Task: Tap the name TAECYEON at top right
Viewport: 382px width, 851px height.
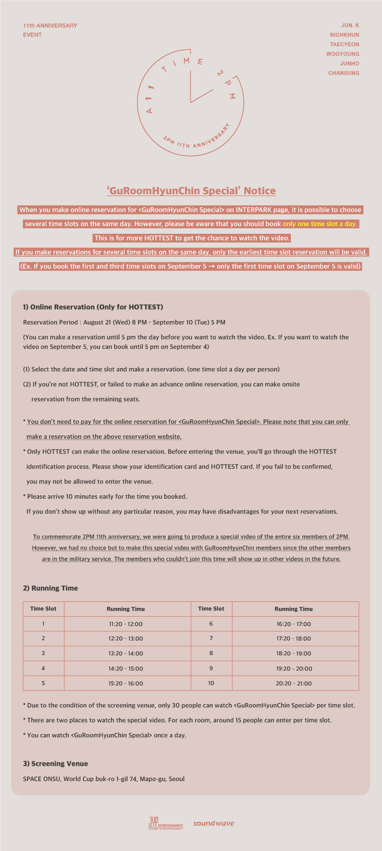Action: click(344, 44)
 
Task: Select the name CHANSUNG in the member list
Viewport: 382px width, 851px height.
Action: click(344, 73)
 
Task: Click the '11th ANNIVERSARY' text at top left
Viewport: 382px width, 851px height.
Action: click(50, 26)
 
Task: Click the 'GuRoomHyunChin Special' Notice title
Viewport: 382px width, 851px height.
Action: click(191, 191)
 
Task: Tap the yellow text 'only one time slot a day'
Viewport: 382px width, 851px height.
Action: click(321, 224)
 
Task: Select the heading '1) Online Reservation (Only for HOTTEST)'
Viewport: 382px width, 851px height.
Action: click(93, 307)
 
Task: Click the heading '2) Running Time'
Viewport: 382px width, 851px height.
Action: click(50, 588)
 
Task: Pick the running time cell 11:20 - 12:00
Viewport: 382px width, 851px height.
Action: click(126, 624)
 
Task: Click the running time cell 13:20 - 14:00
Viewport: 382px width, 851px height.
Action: click(126, 653)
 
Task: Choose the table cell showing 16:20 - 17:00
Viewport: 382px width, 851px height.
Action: click(294, 624)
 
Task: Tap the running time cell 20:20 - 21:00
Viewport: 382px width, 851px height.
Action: click(294, 683)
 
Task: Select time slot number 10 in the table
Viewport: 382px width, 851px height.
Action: click(211, 683)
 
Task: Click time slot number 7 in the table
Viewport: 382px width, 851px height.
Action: click(211, 639)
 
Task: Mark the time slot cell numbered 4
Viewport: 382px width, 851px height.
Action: click(43, 668)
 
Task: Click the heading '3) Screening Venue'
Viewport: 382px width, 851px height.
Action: click(55, 764)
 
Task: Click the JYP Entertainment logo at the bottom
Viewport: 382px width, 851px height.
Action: click(165, 823)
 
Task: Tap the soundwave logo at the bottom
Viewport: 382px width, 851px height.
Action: click(213, 823)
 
